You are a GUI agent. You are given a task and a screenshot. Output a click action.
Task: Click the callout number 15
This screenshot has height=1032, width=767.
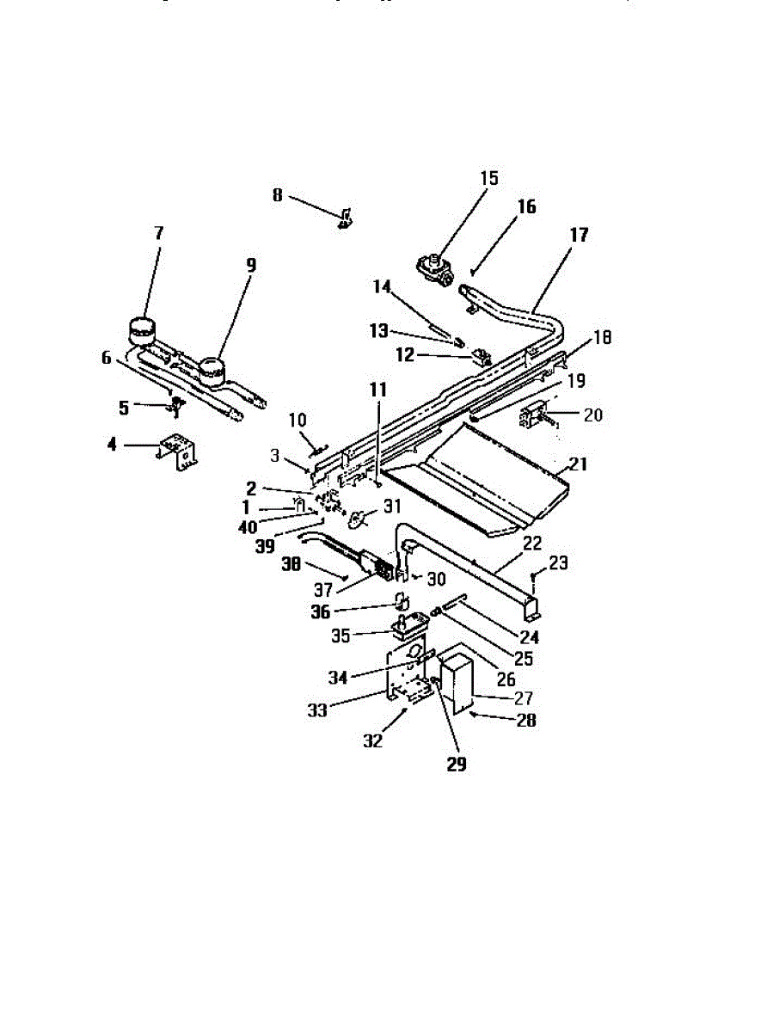489,179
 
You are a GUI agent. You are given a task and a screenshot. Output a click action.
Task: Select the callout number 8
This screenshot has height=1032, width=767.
277,195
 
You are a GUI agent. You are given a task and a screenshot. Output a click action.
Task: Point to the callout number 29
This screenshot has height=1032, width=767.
457,764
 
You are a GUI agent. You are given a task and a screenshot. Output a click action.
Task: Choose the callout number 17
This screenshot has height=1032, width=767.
580,235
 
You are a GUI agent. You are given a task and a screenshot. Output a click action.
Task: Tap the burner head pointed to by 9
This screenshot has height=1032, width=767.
211,372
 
